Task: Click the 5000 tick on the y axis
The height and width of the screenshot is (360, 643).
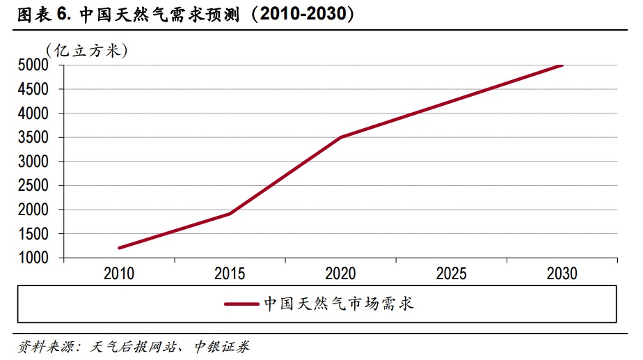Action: (x=34, y=65)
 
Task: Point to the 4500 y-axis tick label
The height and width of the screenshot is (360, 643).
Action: (x=34, y=89)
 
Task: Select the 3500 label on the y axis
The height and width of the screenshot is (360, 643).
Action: (x=34, y=137)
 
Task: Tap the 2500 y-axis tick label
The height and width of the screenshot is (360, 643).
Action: (x=34, y=185)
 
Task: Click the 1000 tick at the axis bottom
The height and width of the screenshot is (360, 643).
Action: (x=34, y=258)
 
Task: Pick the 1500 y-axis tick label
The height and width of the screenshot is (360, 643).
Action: (x=34, y=234)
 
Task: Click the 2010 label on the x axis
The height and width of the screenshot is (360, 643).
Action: (x=119, y=274)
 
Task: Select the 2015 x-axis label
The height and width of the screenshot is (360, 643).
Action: (x=230, y=274)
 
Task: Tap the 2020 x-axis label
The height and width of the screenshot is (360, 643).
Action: (x=340, y=274)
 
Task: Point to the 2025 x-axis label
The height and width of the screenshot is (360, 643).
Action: (x=451, y=274)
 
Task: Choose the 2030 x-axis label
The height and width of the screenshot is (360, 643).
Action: (x=562, y=274)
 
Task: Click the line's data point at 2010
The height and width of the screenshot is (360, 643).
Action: (x=120, y=248)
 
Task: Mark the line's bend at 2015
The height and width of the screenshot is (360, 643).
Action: (x=230, y=214)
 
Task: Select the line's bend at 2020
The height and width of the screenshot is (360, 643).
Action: (x=341, y=137)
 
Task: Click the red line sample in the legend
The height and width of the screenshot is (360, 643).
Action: (x=241, y=304)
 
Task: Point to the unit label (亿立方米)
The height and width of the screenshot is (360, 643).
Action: (x=87, y=49)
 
